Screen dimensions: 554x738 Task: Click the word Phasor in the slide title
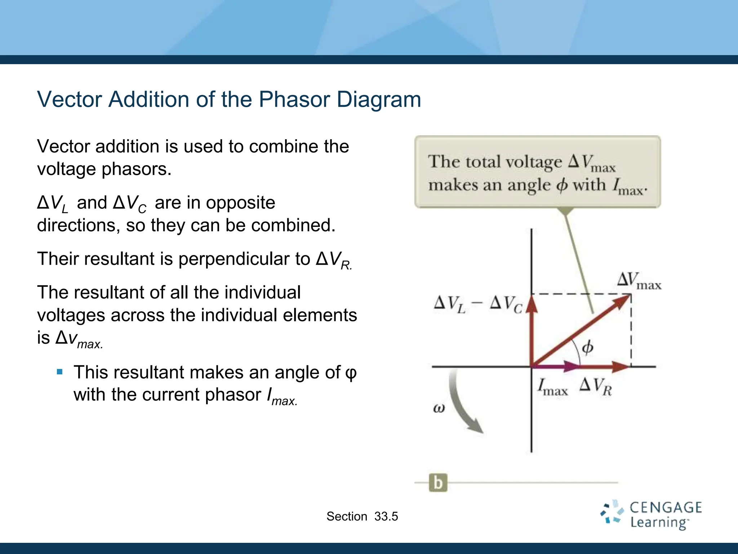coord(294,99)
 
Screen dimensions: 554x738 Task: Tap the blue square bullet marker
coord(60,372)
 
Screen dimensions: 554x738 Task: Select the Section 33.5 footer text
coord(362,516)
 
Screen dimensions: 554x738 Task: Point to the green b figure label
coord(438,483)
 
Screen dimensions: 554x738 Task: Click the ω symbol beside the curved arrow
coord(439,408)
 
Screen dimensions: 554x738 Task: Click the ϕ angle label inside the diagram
coord(588,347)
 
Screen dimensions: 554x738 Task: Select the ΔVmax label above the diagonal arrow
coord(639,281)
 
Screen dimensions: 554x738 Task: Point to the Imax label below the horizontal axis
coord(552,387)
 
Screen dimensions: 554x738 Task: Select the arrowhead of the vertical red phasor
coord(532,304)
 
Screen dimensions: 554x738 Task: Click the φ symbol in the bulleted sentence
coord(351,373)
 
